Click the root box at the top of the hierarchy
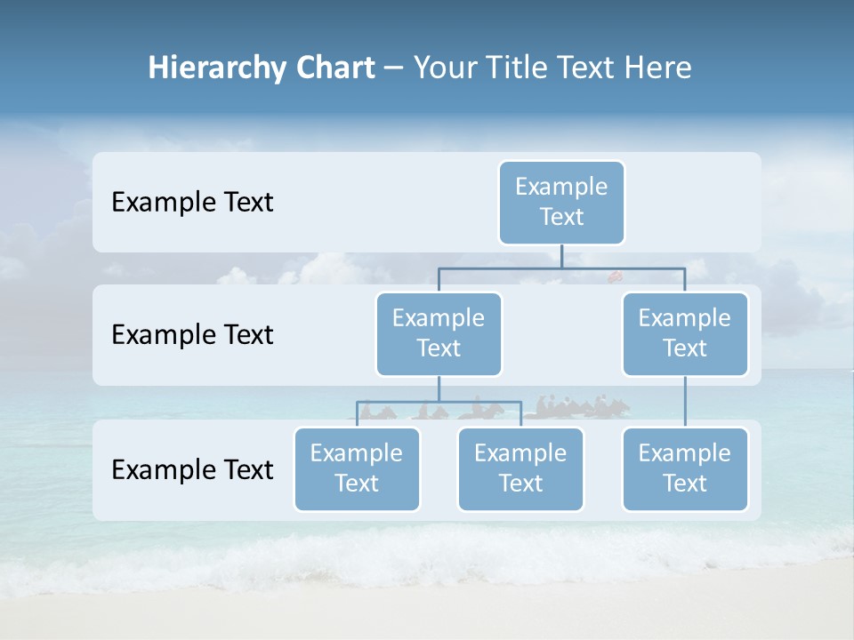561,202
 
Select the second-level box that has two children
439,333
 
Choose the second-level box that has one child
685,333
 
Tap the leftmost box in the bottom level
357,468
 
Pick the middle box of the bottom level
520,468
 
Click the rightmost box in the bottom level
685,468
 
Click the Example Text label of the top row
192,203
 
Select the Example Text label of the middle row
192,335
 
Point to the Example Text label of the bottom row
192,469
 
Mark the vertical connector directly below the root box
561,256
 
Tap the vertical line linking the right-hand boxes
685,402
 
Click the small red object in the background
614,277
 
